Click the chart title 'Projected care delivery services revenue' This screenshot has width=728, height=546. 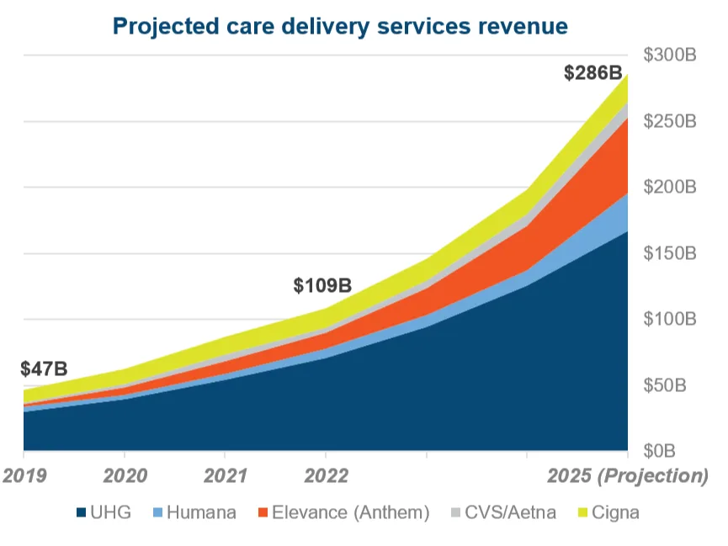(x=340, y=26)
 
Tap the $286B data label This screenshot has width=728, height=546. (x=592, y=72)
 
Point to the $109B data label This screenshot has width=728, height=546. (x=322, y=285)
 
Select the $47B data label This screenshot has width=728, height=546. (x=44, y=368)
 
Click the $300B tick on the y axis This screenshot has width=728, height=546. (x=670, y=56)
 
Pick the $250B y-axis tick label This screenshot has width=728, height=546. (x=670, y=121)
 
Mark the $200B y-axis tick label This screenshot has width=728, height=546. (x=670, y=187)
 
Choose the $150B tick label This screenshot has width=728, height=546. (x=670, y=253)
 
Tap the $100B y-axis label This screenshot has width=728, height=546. (x=670, y=319)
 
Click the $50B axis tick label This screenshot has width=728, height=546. (x=674, y=385)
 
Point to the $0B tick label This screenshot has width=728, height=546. (x=678, y=451)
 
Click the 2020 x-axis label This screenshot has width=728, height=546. (x=125, y=475)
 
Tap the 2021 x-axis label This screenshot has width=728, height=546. (x=226, y=475)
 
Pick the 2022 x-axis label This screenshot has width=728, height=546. (x=326, y=475)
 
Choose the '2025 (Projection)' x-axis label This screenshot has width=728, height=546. (x=628, y=475)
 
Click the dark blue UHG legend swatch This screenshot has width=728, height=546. (x=82, y=512)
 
